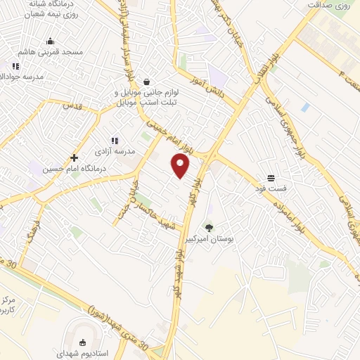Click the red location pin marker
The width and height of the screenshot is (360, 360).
(181, 165)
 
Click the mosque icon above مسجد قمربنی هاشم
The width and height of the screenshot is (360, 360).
(50, 41)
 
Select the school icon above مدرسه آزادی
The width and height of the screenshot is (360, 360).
(114, 141)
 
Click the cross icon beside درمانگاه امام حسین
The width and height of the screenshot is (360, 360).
(74, 157)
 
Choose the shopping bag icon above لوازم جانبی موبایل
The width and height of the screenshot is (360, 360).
(146, 82)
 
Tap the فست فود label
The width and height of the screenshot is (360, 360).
(269, 189)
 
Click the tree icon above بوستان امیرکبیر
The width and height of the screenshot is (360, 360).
(209, 226)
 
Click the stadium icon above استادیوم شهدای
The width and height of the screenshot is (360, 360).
(83, 343)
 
